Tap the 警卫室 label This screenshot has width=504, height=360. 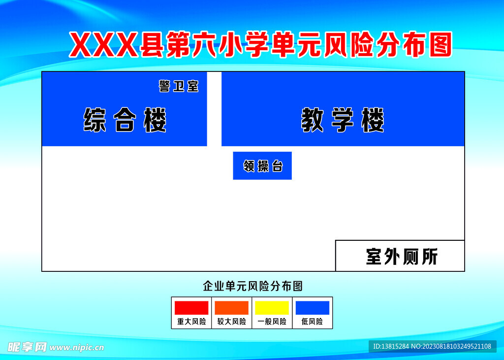[178, 86]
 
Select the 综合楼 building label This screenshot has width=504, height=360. [125, 120]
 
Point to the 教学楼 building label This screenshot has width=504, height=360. [343, 120]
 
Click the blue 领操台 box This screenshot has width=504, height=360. [262, 165]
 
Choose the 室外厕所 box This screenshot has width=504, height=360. [400, 256]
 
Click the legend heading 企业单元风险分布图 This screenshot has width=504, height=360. [252, 286]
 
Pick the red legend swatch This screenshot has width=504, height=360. [191, 308]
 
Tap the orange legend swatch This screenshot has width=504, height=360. [231, 308]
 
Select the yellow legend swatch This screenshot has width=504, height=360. [272, 308]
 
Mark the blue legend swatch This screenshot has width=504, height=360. [312, 308]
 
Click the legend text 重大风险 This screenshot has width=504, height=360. [191, 322]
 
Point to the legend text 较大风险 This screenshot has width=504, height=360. [231, 322]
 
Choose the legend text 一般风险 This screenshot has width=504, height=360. [272, 322]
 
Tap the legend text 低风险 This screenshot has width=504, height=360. [312, 322]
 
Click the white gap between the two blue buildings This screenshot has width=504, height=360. [214, 109]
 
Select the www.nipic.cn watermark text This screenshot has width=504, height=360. [77, 347]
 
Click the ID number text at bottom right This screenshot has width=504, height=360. [432, 346]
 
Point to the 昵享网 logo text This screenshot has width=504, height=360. [27, 347]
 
